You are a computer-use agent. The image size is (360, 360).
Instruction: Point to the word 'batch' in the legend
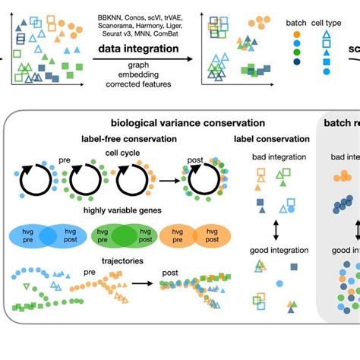[x=295, y=24]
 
